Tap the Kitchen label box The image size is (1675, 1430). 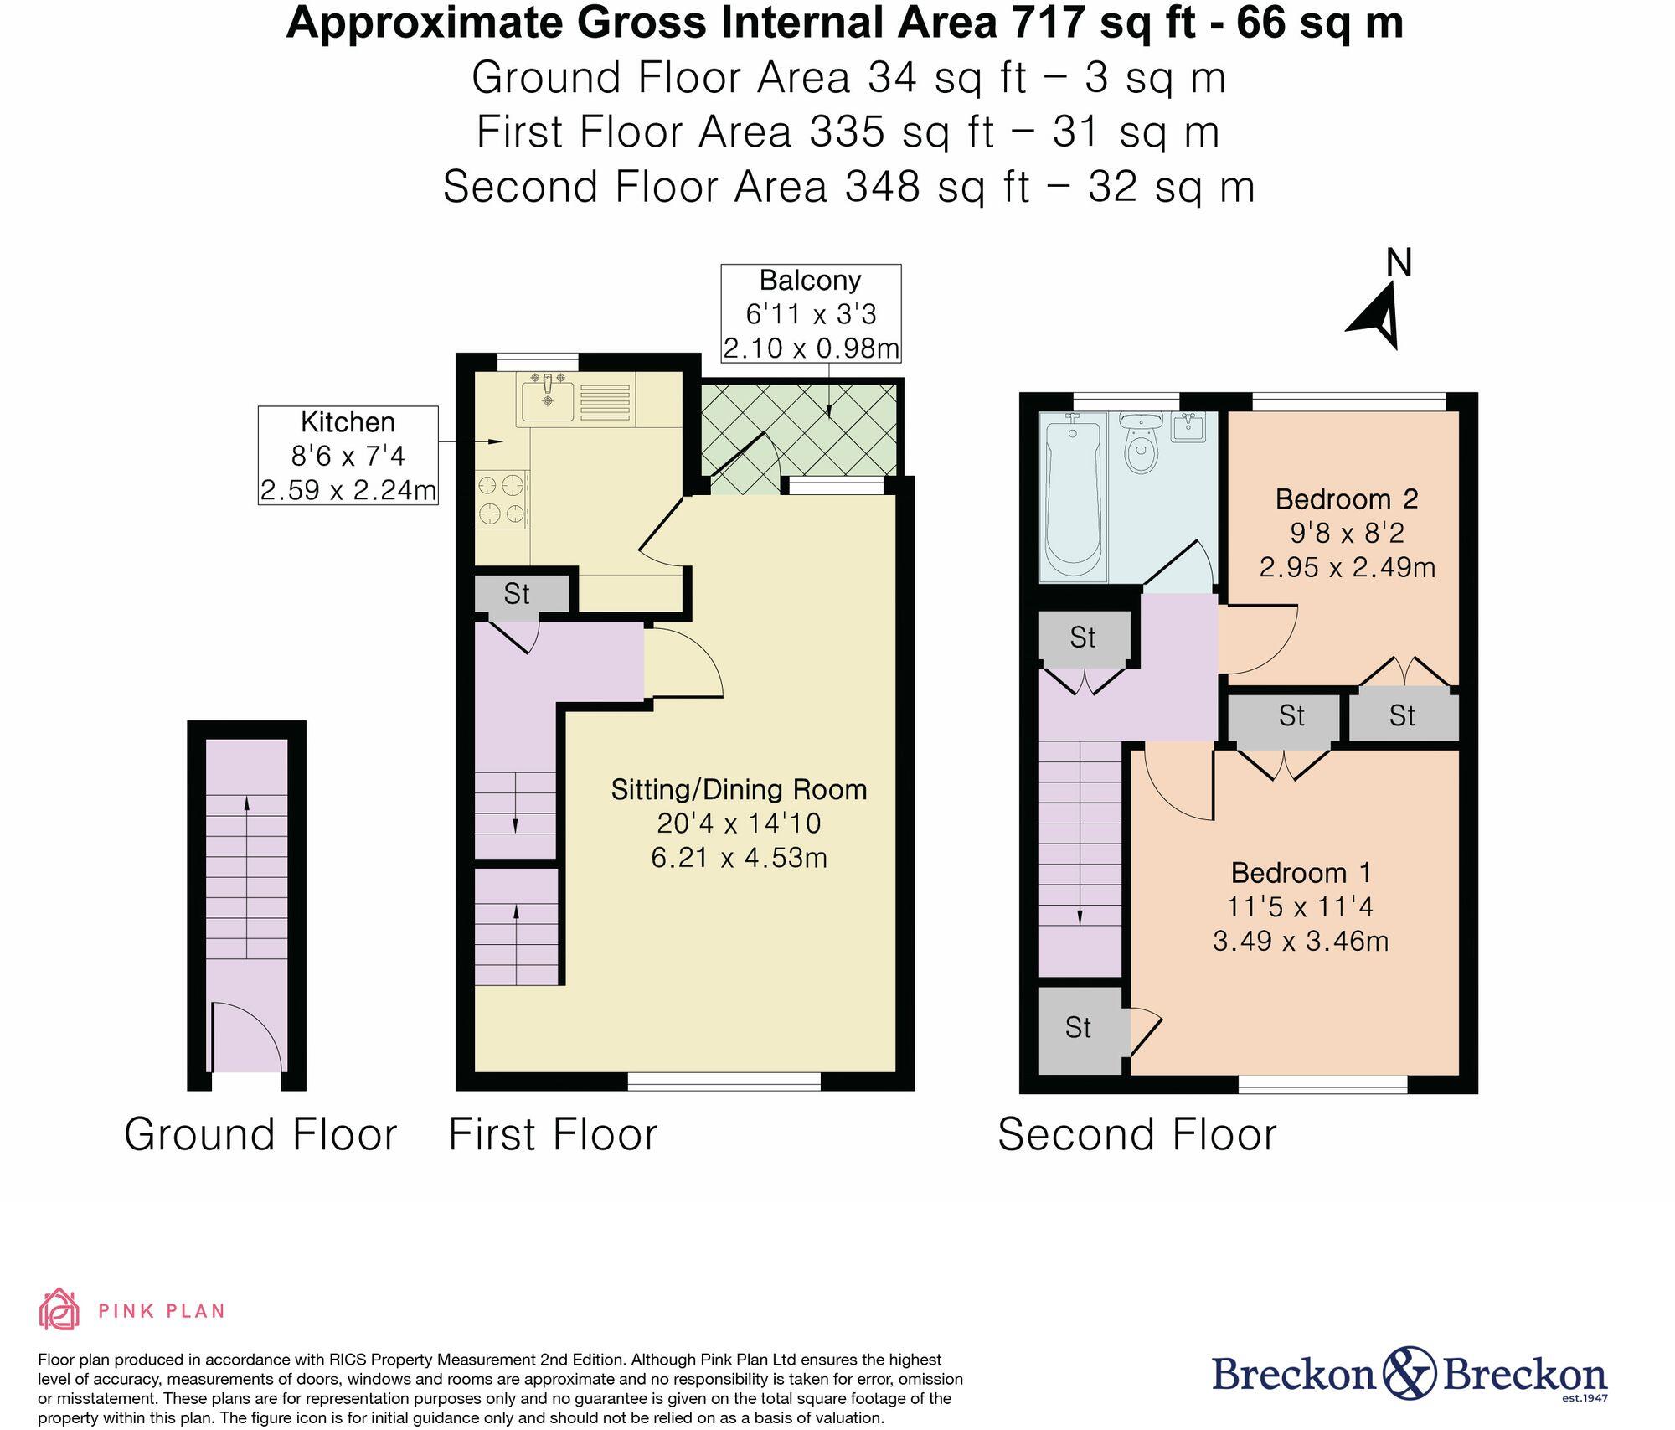coord(348,456)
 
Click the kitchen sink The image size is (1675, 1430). coord(548,400)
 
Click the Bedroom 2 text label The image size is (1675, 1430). coord(1346,499)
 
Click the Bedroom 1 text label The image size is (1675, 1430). coord(1301,873)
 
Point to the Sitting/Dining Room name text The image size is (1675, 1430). coord(739,789)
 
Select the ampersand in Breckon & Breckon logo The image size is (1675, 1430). coord(1409,1375)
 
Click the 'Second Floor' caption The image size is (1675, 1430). coord(1136,1135)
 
